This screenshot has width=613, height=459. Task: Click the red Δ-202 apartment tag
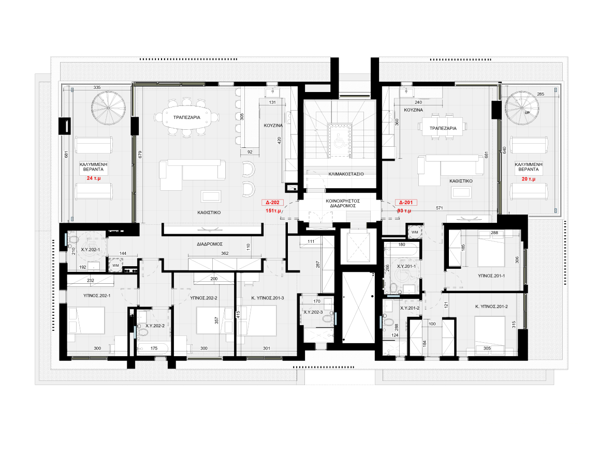pos(272,203)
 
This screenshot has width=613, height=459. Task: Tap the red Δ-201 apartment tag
pos(406,203)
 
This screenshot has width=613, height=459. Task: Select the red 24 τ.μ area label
pos(93,178)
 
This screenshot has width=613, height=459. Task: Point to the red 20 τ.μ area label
pos(529,179)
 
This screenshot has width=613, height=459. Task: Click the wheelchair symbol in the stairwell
pos(340,141)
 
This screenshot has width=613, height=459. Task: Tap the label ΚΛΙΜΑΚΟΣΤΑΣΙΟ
pos(346,174)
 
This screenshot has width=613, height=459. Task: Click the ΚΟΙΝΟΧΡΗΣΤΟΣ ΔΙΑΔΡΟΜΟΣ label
pos(343,203)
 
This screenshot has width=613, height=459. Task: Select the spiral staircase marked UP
pos(521,108)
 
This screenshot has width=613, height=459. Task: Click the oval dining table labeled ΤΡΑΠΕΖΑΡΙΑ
pos(187,117)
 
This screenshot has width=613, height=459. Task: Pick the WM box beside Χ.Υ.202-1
pos(116,265)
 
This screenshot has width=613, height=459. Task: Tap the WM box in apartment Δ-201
pos(415,232)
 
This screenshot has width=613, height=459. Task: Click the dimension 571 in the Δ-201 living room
pos(440,208)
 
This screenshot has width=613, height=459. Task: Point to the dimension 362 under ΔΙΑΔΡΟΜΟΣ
pos(225,253)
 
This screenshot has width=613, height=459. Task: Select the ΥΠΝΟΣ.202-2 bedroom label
pos(203,298)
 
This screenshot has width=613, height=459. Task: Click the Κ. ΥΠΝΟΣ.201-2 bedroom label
pos(491,307)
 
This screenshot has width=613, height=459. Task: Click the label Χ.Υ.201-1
pos(406,267)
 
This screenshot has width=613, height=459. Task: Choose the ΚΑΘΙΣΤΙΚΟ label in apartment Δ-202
pos(209,213)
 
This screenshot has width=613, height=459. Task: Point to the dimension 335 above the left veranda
pos(97,88)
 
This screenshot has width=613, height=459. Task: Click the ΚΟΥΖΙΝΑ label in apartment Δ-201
pos(413,110)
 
